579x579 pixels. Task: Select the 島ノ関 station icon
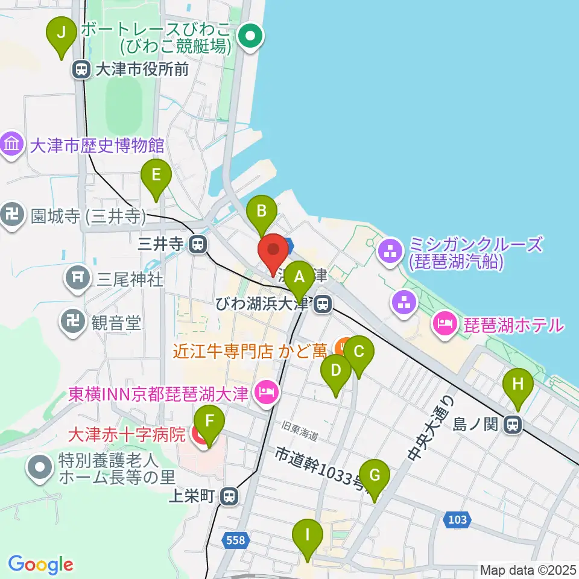(x=513, y=425)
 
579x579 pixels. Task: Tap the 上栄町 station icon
(x=229, y=497)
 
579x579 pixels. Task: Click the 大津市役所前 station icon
(x=81, y=70)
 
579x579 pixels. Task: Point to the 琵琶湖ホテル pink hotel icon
(x=445, y=325)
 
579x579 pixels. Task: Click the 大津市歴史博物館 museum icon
(x=12, y=145)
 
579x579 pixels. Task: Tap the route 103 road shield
(x=457, y=519)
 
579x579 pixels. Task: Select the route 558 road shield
(x=235, y=540)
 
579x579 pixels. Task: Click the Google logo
(x=40, y=565)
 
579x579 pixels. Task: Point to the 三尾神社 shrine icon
(x=77, y=279)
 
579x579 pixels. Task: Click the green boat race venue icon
(x=249, y=36)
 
